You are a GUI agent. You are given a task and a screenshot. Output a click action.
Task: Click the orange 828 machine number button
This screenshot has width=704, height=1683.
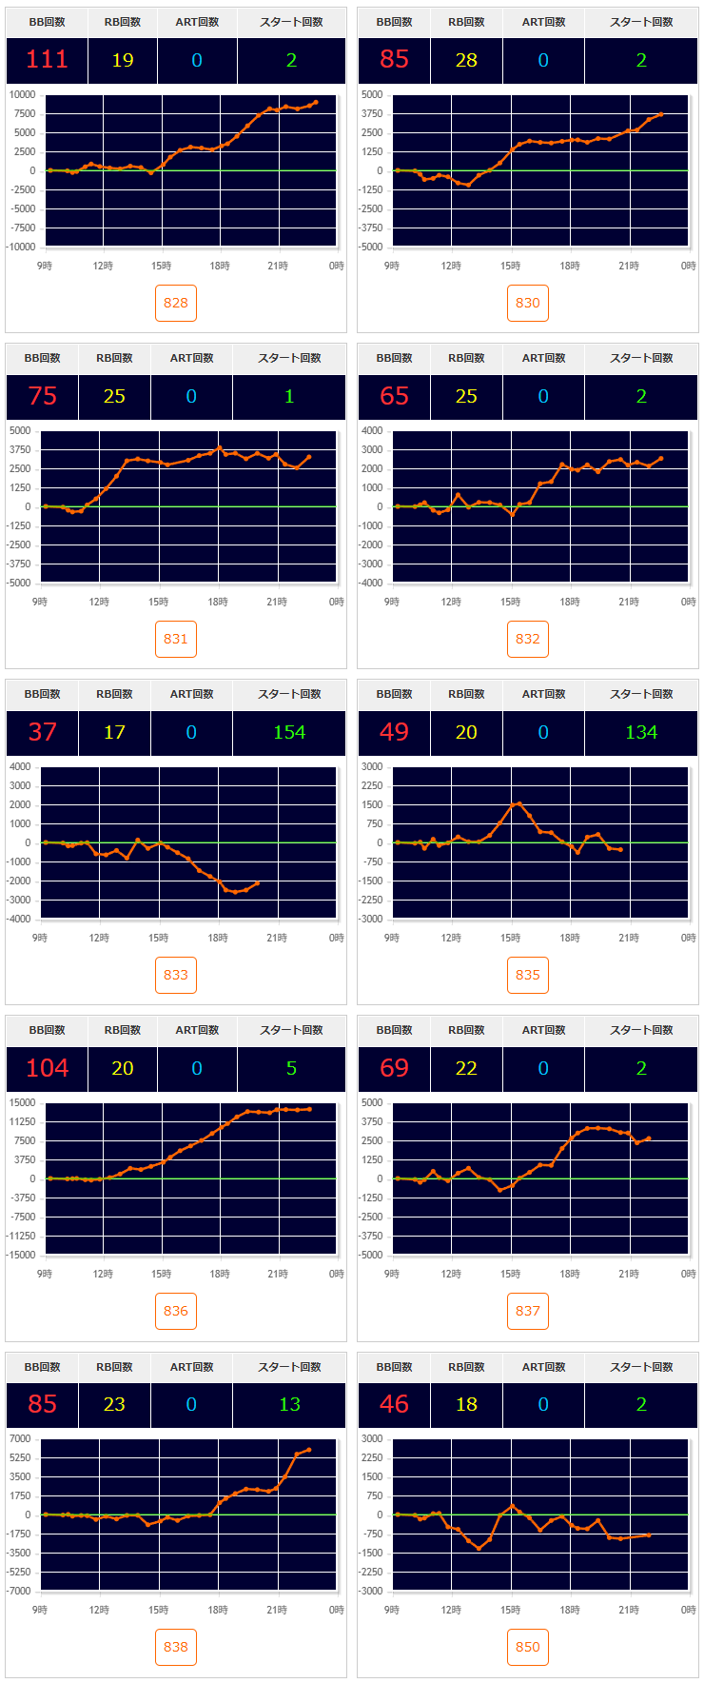pos(176,303)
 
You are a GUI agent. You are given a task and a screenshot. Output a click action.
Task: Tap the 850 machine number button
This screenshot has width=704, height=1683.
pos(528,1647)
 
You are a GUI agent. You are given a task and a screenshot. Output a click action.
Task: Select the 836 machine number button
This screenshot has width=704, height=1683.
pos(176,1311)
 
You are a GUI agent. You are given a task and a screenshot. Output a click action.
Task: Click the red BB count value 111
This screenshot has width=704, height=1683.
pos(47,60)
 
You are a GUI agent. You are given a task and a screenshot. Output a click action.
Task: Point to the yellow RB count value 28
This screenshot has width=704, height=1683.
pos(466,60)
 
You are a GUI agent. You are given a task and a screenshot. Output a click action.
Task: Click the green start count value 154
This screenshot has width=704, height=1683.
pos(289,732)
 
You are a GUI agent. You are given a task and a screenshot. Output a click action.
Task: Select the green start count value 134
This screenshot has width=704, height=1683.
pos(641,732)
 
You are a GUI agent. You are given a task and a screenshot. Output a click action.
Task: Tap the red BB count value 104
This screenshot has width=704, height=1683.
pos(47,1068)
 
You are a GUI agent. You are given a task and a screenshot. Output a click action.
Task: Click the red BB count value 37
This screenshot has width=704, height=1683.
pos(43,732)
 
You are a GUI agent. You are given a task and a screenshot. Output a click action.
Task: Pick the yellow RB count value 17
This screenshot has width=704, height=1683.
pos(114,732)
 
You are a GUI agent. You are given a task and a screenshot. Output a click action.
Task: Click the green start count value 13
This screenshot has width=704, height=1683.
pos(289,1404)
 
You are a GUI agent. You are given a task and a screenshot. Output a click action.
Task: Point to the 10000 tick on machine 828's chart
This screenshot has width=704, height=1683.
pos(23,95)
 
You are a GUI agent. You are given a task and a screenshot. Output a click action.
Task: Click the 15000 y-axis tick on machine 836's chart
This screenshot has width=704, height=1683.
pos(23,1103)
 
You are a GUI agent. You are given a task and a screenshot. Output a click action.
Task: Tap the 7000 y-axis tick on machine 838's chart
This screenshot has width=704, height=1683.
pos(20,1439)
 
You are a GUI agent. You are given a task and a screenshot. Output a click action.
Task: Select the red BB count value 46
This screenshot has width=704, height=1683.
pos(394,1404)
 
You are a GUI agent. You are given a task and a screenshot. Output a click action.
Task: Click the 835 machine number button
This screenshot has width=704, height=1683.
pos(528,975)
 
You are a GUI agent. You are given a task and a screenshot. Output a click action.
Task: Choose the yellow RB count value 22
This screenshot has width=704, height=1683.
pos(466,1068)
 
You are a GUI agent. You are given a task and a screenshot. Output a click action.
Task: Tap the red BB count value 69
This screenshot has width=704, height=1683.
pos(394,1068)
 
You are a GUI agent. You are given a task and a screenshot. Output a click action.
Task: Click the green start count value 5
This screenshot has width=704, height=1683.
pos(291,1068)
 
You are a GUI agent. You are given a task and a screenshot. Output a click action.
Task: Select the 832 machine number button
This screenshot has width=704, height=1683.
pos(528,639)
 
